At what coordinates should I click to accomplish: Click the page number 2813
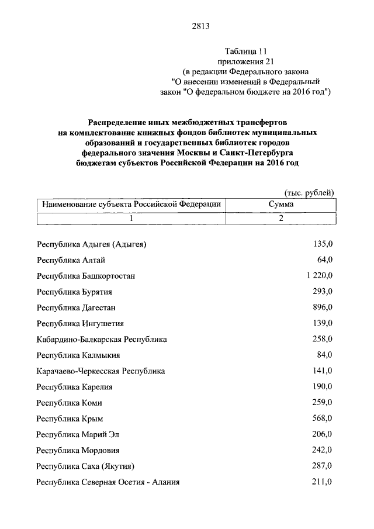200,26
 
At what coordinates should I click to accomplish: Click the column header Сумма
280,205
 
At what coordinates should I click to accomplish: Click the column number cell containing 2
280,218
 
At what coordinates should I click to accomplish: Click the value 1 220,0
318,275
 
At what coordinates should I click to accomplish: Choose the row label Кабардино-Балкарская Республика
102,340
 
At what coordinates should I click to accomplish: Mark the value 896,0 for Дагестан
322,307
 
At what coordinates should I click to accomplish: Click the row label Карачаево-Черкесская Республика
101,371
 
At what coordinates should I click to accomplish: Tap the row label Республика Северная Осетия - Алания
108,482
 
